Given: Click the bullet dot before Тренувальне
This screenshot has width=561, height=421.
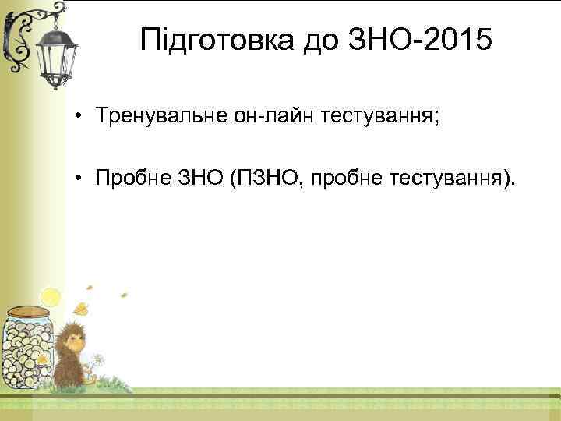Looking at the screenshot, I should pyautogui.click(x=80, y=117).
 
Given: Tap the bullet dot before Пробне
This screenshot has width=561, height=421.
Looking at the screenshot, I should pyautogui.click(x=80, y=181).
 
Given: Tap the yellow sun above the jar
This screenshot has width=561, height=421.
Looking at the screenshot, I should pyautogui.click(x=51, y=296).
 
